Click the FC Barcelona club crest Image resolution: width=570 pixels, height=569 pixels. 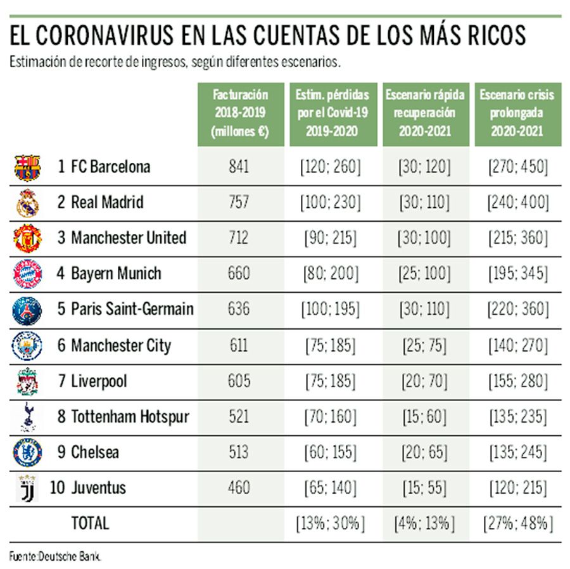click(x=27, y=167)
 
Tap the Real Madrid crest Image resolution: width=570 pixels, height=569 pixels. click(x=27, y=203)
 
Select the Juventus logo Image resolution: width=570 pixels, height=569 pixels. click(x=27, y=488)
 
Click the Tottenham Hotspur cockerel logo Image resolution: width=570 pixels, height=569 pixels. click(x=27, y=416)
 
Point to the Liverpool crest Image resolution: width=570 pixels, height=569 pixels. click(x=27, y=381)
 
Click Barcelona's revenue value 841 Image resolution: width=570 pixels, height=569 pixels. click(x=239, y=167)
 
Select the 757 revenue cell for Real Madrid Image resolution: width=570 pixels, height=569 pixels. click(x=239, y=203)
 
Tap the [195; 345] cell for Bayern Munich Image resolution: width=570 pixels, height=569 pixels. click(x=517, y=274)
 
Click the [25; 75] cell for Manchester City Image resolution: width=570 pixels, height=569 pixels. click(x=424, y=345)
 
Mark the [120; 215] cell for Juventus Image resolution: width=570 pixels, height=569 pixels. click(x=517, y=488)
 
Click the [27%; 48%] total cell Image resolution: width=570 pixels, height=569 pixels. click(x=517, y=523)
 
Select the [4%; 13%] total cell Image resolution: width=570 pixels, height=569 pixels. click(x=424, y=523)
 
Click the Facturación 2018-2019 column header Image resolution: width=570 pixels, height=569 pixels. click(x=240, y=113)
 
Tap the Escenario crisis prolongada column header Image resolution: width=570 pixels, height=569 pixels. click(x=517, y=113)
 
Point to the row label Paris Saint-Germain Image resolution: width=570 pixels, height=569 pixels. click(x=132, y=310)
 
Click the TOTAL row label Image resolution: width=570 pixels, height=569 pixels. click(x=90, y=523)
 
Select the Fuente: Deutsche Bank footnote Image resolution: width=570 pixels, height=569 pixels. click(x=55, y=556)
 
